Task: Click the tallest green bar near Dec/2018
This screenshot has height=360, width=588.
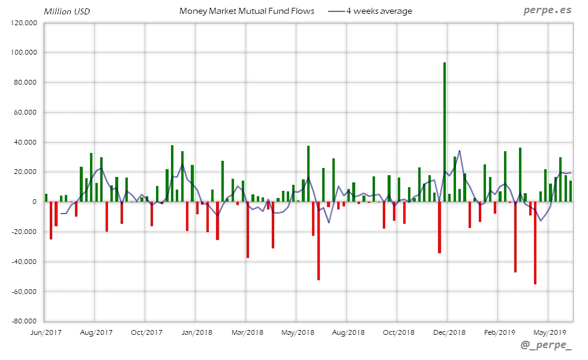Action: pos(445,132)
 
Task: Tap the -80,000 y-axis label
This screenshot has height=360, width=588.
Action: pos(25,321)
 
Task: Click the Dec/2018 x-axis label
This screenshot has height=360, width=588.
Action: pos(449,332)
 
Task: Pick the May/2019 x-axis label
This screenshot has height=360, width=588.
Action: pos(550,332)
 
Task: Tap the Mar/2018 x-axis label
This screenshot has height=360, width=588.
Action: pos(247,332)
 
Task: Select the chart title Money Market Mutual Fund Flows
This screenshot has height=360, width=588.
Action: pos(247,11)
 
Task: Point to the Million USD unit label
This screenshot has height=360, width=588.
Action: pos(67,11)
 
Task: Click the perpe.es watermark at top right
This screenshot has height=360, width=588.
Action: pos(547,11)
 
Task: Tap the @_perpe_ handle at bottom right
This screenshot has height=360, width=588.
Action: pos(546,347)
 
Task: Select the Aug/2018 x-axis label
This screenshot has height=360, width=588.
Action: pos(348,332)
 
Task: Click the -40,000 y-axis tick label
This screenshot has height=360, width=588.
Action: pos(25,262)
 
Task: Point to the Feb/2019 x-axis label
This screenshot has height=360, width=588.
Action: pos(499,332)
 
